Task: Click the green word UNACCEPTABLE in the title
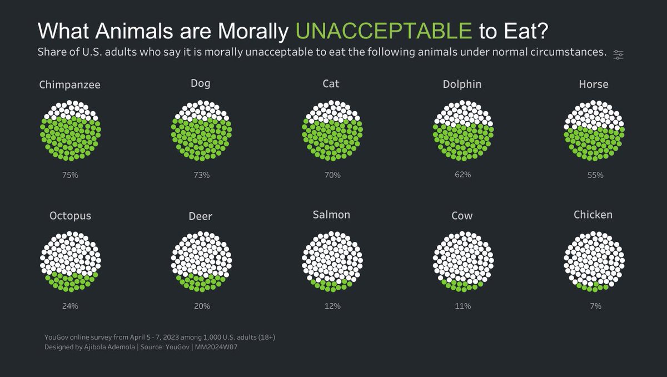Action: coord(384,31)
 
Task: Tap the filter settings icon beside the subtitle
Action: coord(618,54)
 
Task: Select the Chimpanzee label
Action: coord(70,85)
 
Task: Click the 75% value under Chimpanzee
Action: coord(70,175)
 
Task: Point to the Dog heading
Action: coord(201,84)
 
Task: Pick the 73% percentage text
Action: coord(201,175)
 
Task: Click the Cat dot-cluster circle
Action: coord(332,131)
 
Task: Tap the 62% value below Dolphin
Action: coord(462,175)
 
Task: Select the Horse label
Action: coord(593,85)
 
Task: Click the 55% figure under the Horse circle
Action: coord(594,175)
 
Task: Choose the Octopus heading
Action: coord(70,216)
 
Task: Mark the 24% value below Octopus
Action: coord(70,306)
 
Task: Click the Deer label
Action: coord(201,216)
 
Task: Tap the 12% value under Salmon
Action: coord(332,306)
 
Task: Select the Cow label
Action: coord(462,216)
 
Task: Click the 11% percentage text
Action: coord(462,306)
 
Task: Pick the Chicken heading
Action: coord(593,215)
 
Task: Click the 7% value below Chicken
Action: coord(594,306)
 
